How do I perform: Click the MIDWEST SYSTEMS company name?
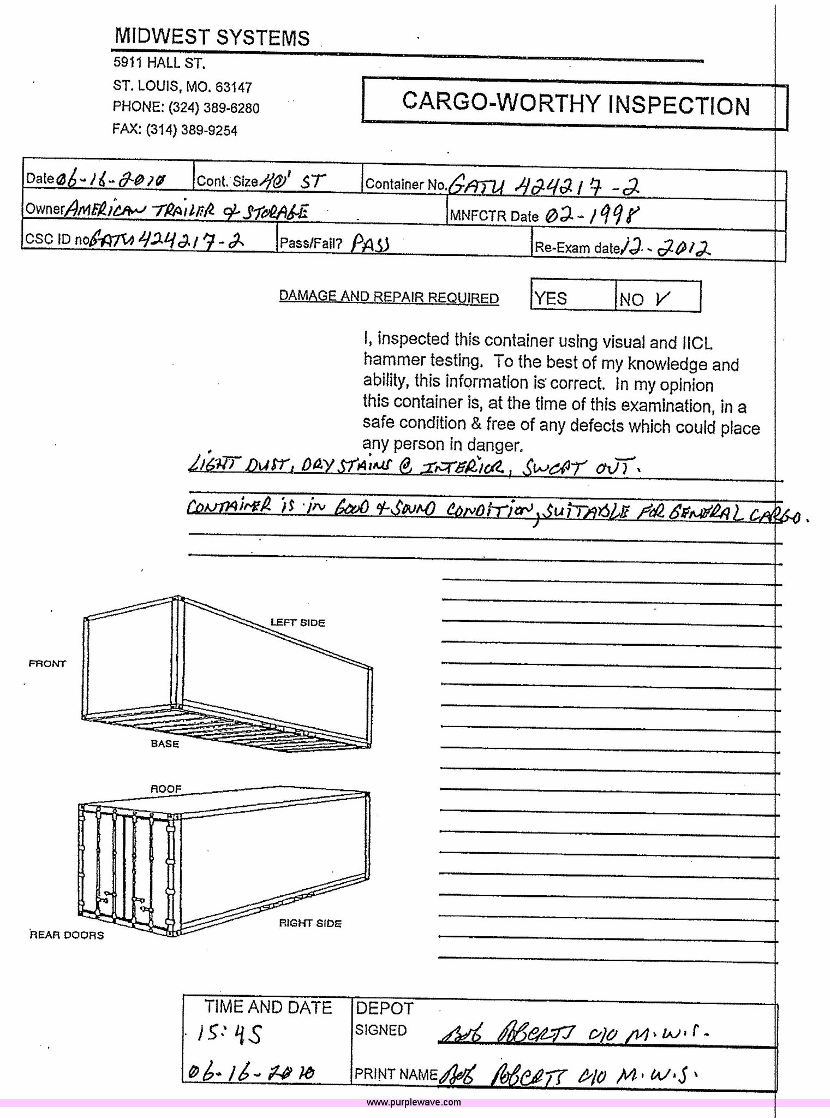click(212, 37)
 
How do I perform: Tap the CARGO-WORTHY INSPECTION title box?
click(575, 104)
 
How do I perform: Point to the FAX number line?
click(175, 130)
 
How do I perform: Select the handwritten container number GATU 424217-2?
click(544, 186)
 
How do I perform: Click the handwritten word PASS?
click(370, 243)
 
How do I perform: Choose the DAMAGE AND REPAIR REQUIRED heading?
click(389, 297)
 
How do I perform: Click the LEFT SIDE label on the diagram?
click(297, 622)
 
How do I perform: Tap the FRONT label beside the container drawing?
click(47, 664)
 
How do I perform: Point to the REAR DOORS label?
click(67, 935)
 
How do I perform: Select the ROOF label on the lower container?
click(166, 789)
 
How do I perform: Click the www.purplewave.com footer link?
click(414, 1102)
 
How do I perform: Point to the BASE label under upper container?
click(165, 744)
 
